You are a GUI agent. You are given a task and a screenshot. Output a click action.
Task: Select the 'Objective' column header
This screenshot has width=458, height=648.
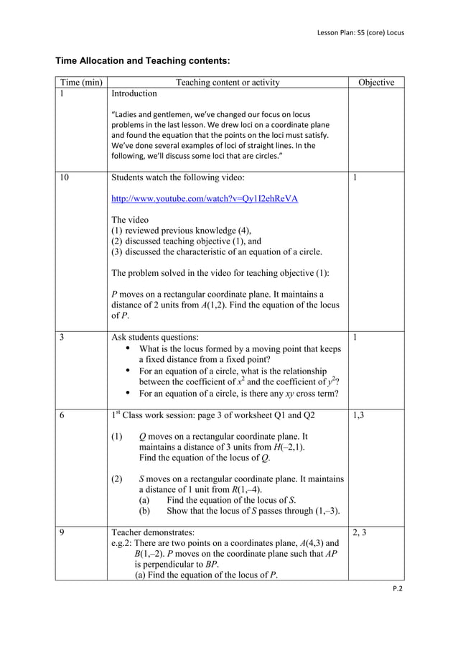375,83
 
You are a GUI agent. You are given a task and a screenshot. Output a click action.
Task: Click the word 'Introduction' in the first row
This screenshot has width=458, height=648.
134,94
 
